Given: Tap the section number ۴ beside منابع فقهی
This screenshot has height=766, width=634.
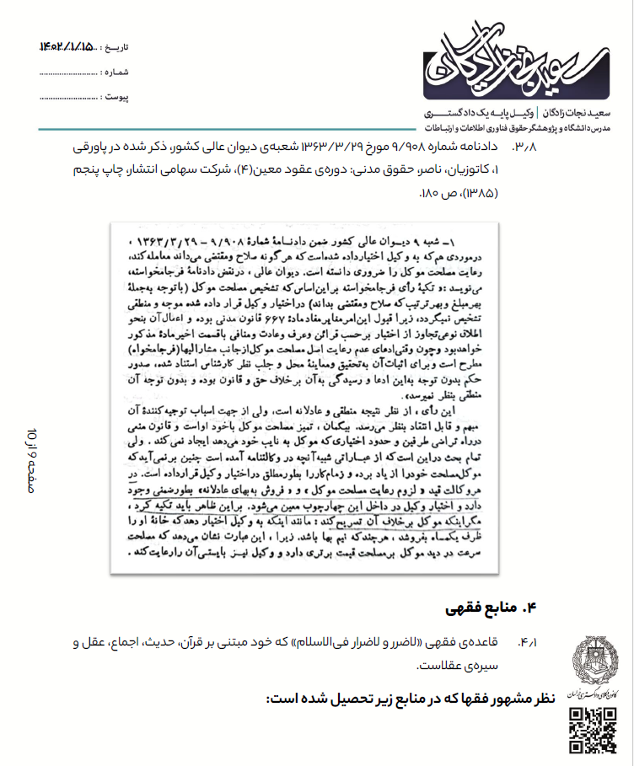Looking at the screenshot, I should pos(530,607).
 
